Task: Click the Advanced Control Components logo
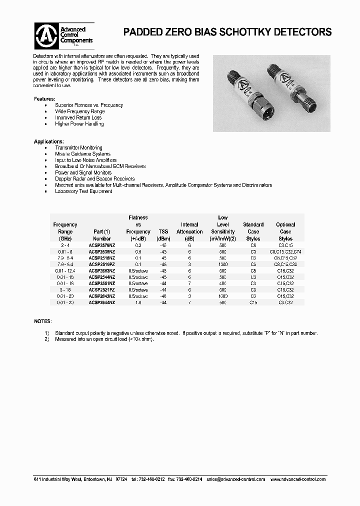63,34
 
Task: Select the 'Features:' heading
44,99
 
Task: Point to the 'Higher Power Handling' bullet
79,123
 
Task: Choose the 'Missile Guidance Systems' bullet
82,154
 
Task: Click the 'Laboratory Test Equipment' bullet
83,191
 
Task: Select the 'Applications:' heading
48,142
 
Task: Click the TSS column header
163,231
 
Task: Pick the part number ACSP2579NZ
102,245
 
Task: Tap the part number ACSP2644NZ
102,302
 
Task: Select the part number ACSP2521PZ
102,289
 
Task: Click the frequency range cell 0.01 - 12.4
65,270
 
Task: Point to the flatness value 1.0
138,302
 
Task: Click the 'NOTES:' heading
42,320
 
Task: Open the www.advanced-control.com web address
297,479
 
